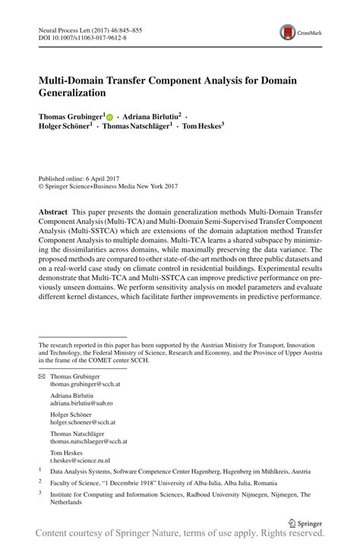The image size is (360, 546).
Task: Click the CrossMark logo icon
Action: pyautogui.click(x=289, y=31)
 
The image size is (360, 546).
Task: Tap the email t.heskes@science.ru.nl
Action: pyautogui.click(x=81, y=459)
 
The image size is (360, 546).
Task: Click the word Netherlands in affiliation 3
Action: pyautogui.click(x=71, y=503)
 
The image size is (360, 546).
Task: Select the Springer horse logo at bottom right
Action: pyautogui.click(x=292, y=523)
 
